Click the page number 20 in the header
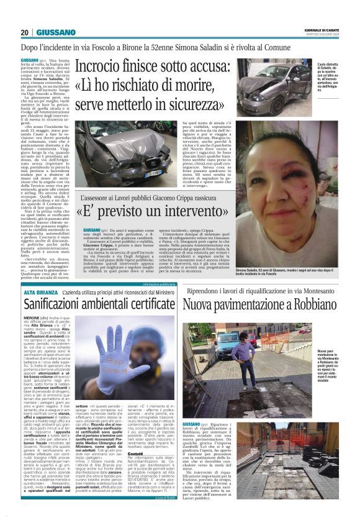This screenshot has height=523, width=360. coord(24,32)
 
